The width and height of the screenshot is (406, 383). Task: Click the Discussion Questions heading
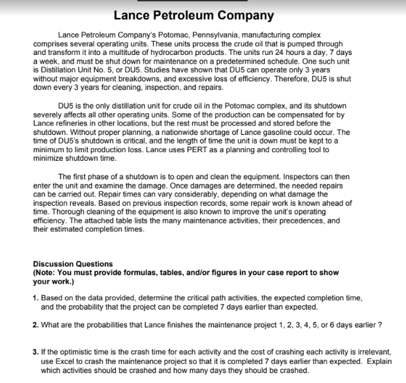point(73,264)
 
